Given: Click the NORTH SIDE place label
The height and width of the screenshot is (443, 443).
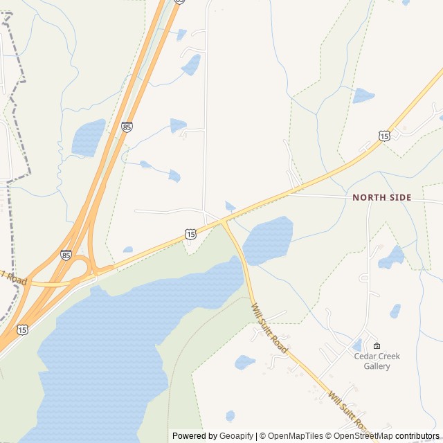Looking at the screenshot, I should pyautogui.click(x=381, y=197).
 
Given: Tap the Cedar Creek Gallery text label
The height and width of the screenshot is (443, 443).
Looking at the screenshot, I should pyautogui.click(x=377, y=361).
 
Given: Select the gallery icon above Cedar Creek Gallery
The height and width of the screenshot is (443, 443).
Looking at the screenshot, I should pyautogui.click(x=377, y=345).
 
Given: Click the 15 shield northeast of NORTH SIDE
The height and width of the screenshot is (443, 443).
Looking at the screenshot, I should pyautogui.click(x=384, y=136).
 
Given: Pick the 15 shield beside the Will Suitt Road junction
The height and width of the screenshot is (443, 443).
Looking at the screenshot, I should pyautogui.click(x=190, y=235).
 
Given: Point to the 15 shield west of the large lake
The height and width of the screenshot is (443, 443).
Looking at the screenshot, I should pyautogui.click(x=23, y=330).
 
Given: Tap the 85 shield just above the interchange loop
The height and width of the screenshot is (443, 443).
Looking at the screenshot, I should pyautogui.click(x=66, y=255).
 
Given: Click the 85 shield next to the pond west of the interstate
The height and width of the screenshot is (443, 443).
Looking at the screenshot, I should pyautogui.click(x=127, y=127).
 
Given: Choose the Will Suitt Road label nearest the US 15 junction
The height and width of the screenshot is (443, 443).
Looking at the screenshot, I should pyautogui.click(x=269, y=328).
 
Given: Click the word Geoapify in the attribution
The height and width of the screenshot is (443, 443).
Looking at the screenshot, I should pyautogui.click(x=237, y=436).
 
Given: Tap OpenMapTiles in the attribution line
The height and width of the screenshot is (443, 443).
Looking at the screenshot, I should pyautogui.click(x=296, y=436).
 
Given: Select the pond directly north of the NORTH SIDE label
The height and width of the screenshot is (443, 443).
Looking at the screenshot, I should pyautogui.click(x=363, y=96).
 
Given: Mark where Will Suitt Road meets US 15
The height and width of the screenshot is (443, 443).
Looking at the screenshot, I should pyautogui.click(x=222, y=222).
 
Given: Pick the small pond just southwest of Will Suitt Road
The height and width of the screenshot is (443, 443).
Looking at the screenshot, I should pyautogui.click(x=244, y=362).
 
